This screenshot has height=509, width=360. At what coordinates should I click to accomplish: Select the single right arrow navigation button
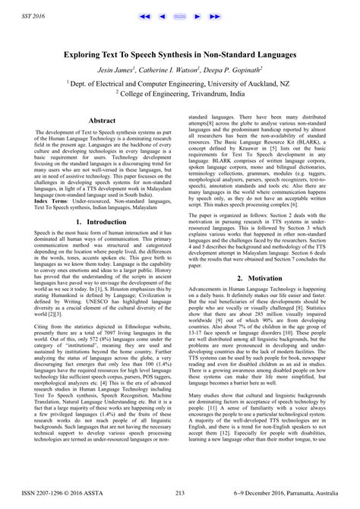coord(199,15)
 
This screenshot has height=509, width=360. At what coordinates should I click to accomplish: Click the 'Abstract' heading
coord(103,120)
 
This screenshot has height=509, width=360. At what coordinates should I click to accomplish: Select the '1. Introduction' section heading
coord(103,222)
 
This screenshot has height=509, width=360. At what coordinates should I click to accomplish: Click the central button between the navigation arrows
coord(181,15)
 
